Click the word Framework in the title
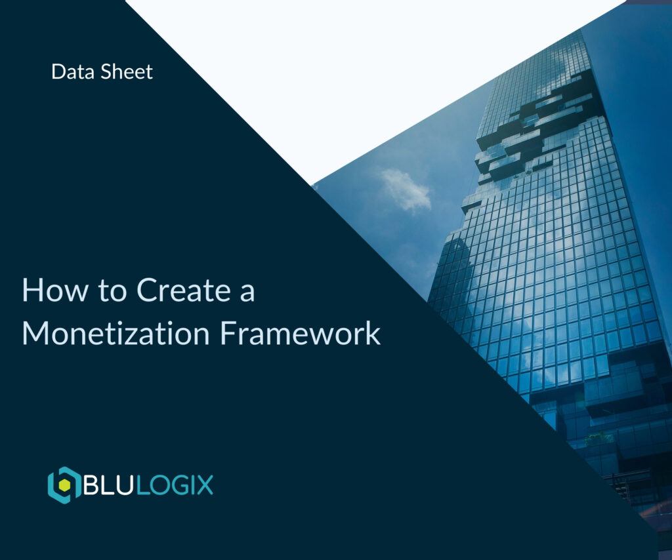coord(300,332)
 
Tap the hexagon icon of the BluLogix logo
coord(64,485)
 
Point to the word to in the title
coord(113,290)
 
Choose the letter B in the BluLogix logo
coord(92,486)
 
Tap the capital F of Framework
coord(227,332)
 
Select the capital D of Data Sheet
coord(58,71)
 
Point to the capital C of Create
coord(148,290)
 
